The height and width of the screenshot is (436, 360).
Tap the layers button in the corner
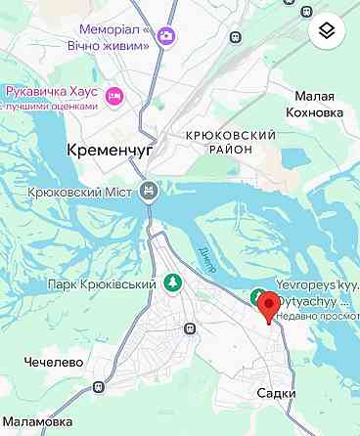pyautogui.click(x=327, y=31)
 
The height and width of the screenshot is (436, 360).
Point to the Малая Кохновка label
pyautogui.click(x=313, y=104)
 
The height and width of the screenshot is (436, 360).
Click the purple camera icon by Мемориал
pyautogui.click(x=167, y=35)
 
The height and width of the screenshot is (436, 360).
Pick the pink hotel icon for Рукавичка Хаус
pyautogui.click(x=114, y=96)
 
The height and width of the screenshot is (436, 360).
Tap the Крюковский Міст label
pyautogui.click(x=82, y=192)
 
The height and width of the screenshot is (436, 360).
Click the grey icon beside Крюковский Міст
pyautogui.click(x=149, y=191)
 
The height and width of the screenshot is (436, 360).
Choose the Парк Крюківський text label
pyautogui.click(x=103, y=284)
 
